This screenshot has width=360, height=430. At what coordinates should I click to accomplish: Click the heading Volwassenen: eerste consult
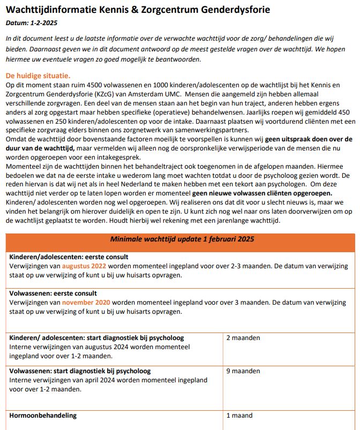54,293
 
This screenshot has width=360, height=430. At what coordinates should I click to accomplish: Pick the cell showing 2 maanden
243,338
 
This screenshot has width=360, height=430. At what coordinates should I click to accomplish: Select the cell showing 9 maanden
243,371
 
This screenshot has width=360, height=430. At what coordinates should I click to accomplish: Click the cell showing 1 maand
239,415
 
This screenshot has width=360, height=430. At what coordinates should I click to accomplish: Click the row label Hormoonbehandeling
43,415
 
